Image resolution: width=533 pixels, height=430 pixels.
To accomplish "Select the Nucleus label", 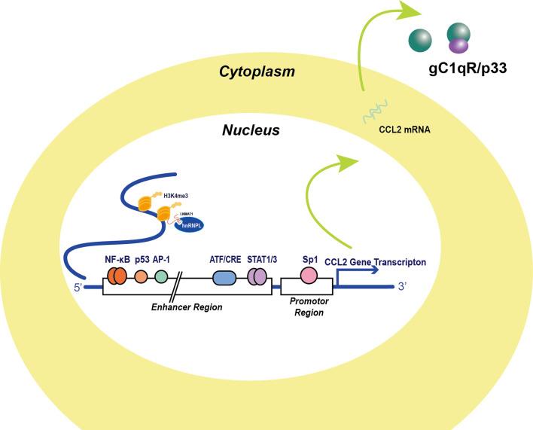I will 251,130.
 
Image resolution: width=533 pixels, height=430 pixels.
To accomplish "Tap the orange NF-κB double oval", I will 117,276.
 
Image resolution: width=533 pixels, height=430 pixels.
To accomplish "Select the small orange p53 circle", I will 141,276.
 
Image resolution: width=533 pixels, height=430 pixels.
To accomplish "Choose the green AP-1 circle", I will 160,276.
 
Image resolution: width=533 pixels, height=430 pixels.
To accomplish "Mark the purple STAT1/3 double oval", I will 257,278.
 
